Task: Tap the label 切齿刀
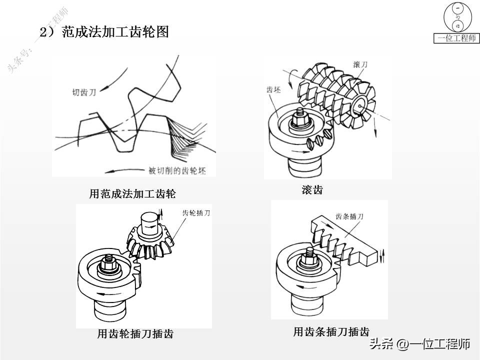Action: click(x=83, y=92)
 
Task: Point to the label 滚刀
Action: click(x=360, y=65)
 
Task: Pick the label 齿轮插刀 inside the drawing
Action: click(x=196, y=213)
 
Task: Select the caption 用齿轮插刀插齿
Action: click(x=135, y=334)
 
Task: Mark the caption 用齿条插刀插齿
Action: click(x=331, y=331)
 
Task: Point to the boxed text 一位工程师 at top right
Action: click(x=456, y=38)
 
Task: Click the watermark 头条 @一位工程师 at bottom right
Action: click(x=419, y=344)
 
